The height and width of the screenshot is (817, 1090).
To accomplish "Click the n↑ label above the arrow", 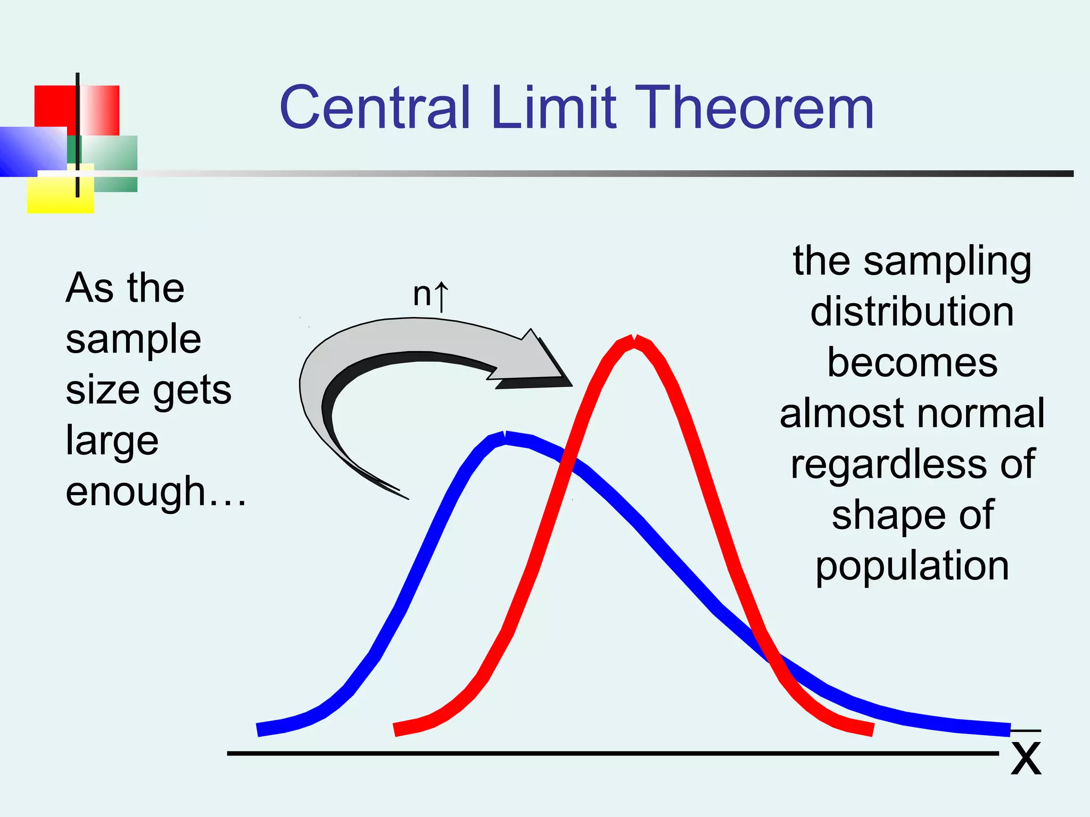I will [430, 295].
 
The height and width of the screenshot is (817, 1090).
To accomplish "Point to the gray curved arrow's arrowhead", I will [543, 362].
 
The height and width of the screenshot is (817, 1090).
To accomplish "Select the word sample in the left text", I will [133, 339].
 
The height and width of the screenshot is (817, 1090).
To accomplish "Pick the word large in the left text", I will [112, 441].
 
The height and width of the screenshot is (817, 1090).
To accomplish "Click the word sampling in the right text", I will [947, 262].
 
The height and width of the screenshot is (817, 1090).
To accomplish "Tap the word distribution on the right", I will [912, 312].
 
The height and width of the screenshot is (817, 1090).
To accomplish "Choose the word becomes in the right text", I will [912, 363].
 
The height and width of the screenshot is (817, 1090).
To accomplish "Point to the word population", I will [912, 566].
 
